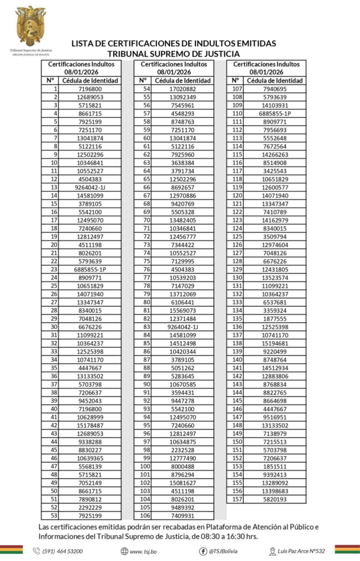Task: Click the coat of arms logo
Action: (x=30, y=25)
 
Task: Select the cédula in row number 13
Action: (x=90, y=187)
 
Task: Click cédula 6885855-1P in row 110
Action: (x=275, y=113)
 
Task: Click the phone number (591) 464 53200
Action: (x=62, y=551)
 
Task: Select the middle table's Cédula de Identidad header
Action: (x=182, y=81)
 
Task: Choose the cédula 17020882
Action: (x=182, y=89)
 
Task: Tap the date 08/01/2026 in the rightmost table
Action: (x=266, y=72)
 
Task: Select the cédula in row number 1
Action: (x=90, y=89)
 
